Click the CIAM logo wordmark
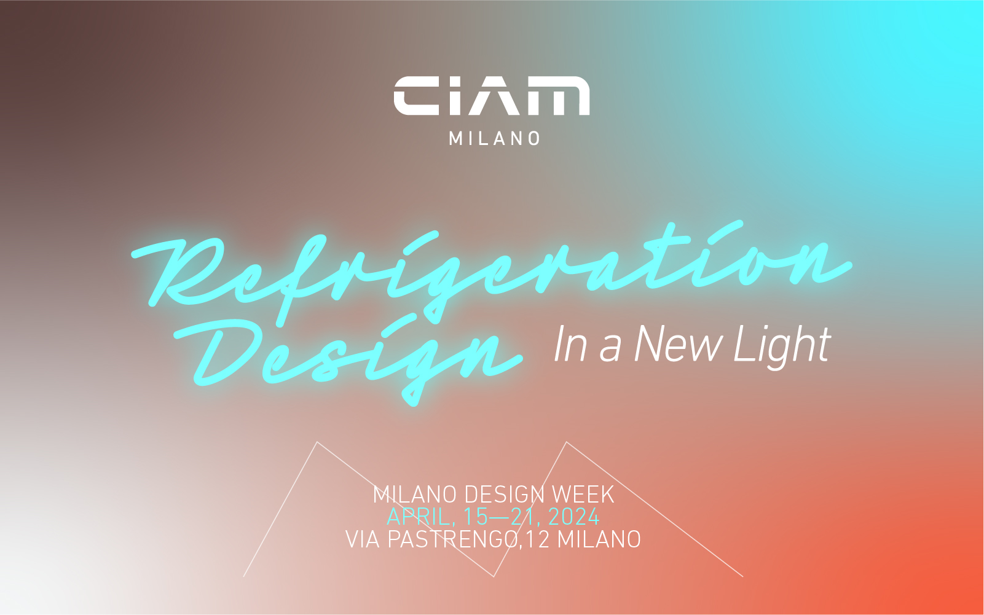click(x=492, y=96)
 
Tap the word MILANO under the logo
click(x=495, y=138)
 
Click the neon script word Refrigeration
click(x=492, y=267)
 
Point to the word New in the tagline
click(x=678, y=345)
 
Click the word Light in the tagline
click(x=782, y=346)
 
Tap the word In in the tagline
click(x=570, y=345)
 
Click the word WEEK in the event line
click(x=583, y=495)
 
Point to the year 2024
click(x=573, y=517)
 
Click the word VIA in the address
click(x=363, y=539)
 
